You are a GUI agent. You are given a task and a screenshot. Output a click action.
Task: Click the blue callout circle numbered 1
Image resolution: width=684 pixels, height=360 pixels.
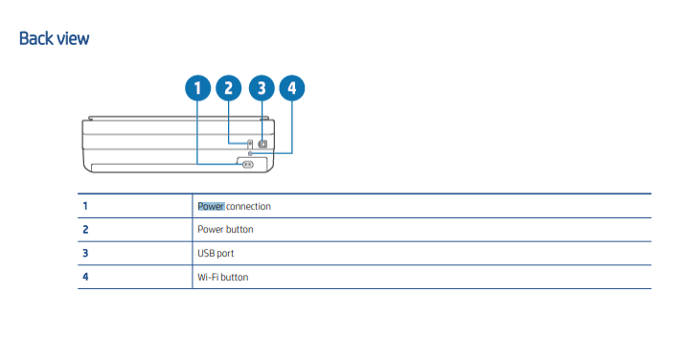[197, 89]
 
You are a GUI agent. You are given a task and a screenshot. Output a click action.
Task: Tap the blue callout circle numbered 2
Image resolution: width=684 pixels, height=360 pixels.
[228, 89]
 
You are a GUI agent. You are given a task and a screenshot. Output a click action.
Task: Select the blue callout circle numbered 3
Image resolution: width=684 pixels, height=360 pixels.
[261, 89]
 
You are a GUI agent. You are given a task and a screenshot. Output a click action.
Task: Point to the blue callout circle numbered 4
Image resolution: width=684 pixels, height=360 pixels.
[291, 89]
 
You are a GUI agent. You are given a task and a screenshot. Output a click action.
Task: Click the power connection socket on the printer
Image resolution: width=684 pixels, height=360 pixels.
[247, 164]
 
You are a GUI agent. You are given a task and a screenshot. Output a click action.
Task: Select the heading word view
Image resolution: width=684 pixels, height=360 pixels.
[74, 39]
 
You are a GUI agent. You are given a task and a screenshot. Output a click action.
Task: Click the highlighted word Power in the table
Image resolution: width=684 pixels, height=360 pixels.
[211, 206]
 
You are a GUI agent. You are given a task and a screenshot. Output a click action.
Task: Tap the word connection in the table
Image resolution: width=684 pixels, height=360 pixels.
[249, 206]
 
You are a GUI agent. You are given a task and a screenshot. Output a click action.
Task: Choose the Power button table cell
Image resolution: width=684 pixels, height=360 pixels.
[225, 230]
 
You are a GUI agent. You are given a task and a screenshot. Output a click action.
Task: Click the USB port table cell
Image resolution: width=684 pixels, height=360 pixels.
[216, 254]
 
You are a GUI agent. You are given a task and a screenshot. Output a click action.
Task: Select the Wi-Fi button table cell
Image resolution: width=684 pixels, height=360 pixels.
[222, 278]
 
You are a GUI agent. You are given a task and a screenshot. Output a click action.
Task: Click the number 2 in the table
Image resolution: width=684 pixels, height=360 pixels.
[85, 230]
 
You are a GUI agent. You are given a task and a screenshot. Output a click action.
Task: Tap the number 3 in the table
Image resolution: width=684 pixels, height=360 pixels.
[85, 254]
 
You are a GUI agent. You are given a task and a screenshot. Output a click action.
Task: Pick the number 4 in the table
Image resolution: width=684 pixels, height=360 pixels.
[85, 278]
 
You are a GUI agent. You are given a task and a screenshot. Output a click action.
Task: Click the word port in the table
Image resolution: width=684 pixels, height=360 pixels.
[225, 254]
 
